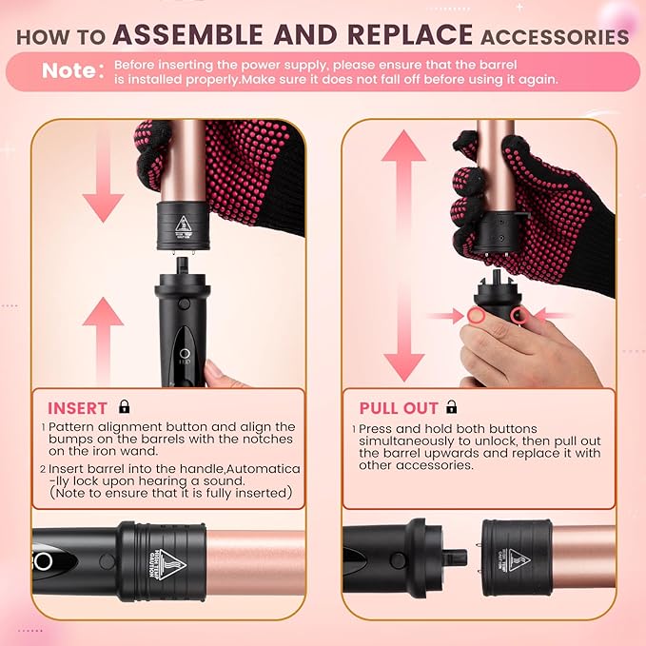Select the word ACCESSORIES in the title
coord(555,36)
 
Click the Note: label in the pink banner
coord(69,71)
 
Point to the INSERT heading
coord(77,408)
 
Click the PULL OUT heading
coord(398,408)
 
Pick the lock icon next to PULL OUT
coord(452,407)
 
